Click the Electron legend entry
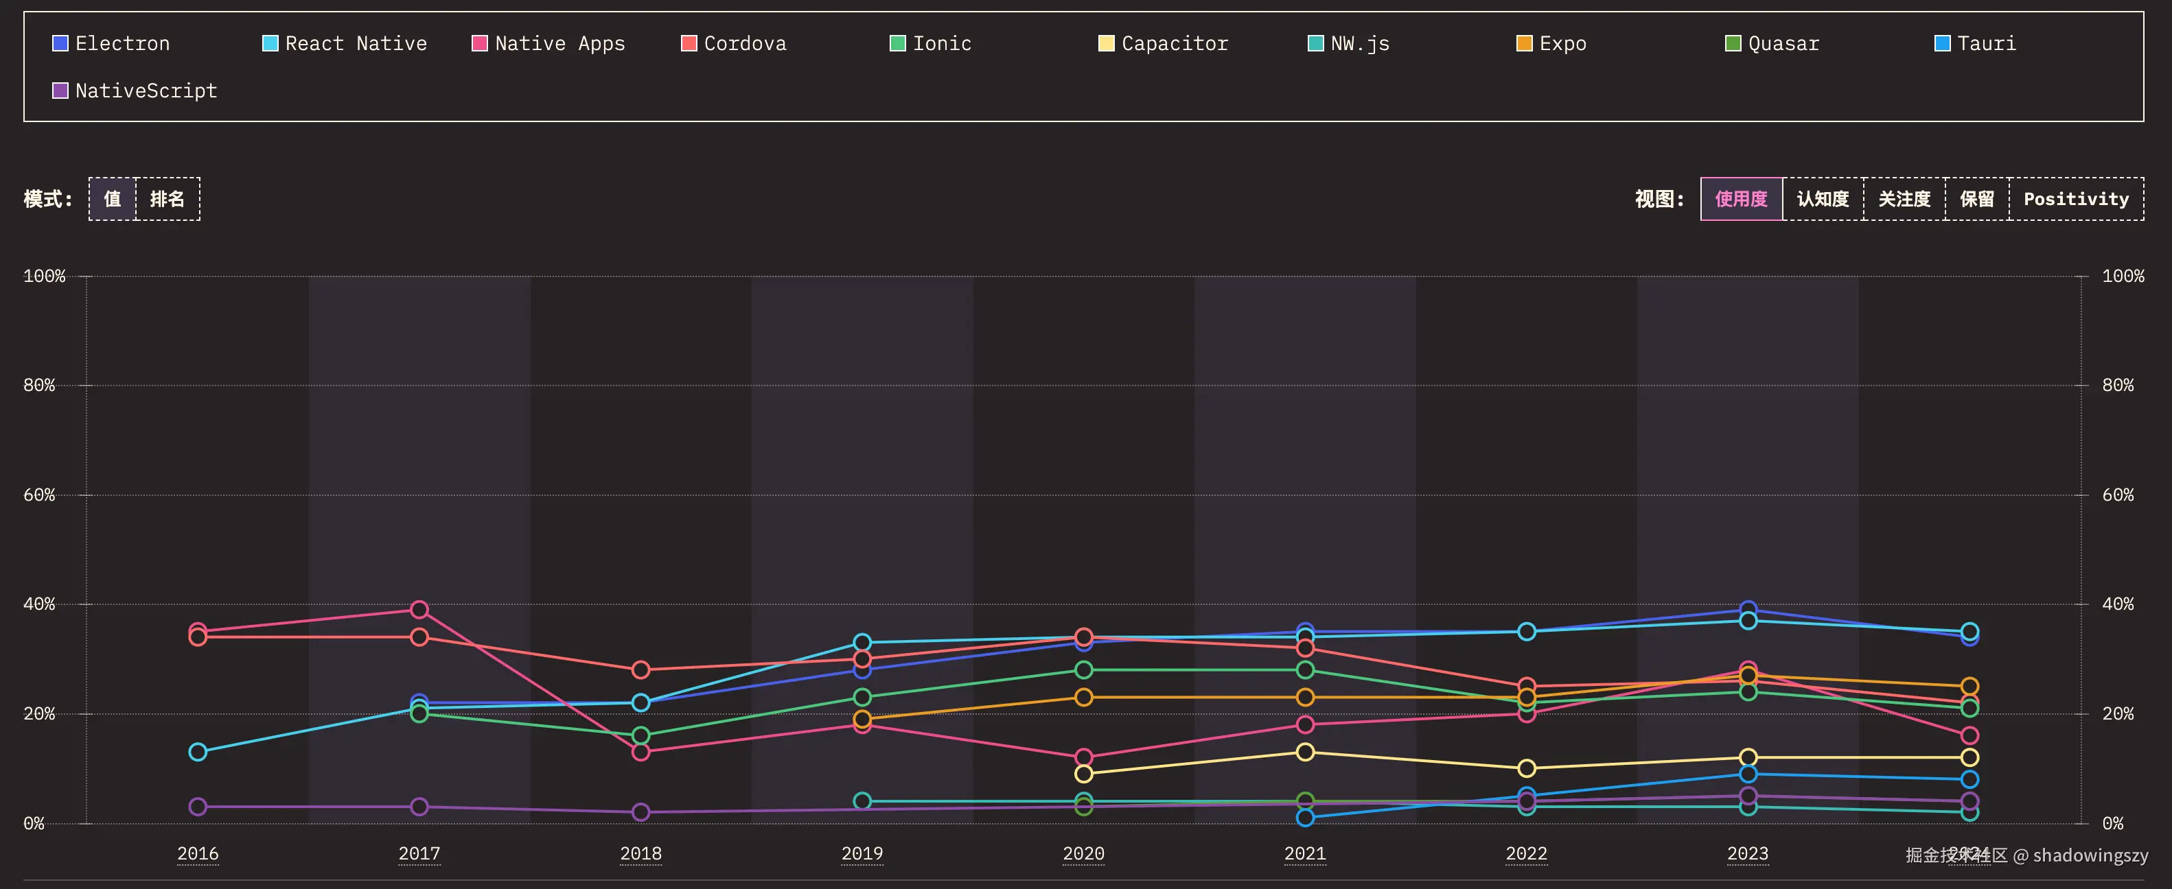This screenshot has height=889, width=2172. coord(111,44)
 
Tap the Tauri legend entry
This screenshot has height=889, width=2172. coord(1975,44)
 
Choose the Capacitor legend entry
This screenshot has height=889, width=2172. coord(1164,44)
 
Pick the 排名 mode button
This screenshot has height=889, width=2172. coord(167,199)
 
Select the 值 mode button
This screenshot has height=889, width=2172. coord(112,199)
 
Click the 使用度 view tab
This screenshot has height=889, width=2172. coord(1741,199)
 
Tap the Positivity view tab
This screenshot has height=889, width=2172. coord(2076,199)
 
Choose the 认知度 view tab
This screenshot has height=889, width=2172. coord(1823,199)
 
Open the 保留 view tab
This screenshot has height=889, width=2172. coord(1976,199)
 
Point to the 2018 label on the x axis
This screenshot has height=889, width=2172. coord(640,853)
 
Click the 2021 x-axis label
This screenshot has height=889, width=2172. coord(1304,853)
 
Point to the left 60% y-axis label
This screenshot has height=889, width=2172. coord(38,495)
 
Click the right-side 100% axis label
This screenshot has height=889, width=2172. coord(2123,276)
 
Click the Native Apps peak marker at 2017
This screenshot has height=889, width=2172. coord(419,609)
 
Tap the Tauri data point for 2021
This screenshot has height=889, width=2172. coord(1305,818)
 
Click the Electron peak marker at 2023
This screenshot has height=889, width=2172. coord(1748,608)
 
